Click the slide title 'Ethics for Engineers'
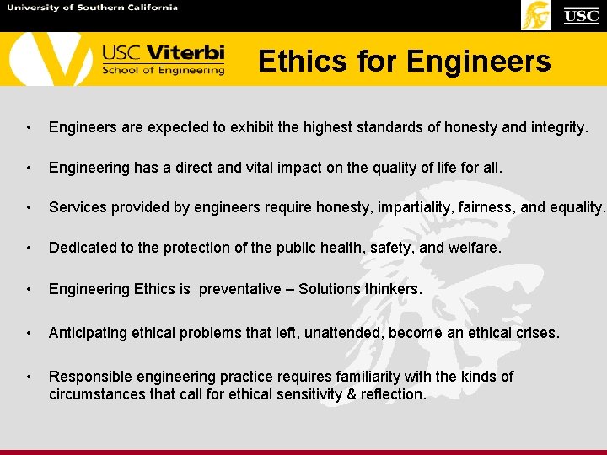pyautogui.click(x=404, y=62)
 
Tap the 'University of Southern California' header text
pyautogui.click(x=92, y=8)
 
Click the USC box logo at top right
pyautogui.click(x=581, y=15)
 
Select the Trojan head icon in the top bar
pyautogui.click(x=535, y=15)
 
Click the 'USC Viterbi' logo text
pyautogui.click(x=163, y=52)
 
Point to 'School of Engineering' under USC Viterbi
pyautogui.click(x=163, y=70)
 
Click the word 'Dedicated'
pyautogui.click(x=81, y=249)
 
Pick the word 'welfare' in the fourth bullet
pyautogui.click(x=475, y=249)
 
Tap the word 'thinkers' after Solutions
pyautogui.click(x=394, y=289)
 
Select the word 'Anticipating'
pyautogui.click(x=87, y=333)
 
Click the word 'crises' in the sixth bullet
pyautogui.click(x=535, y=333)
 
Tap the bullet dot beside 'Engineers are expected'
pyautogui.click(x=29, y=128)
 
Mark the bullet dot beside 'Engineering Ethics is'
pyautogui.click(x=29, y=290)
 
